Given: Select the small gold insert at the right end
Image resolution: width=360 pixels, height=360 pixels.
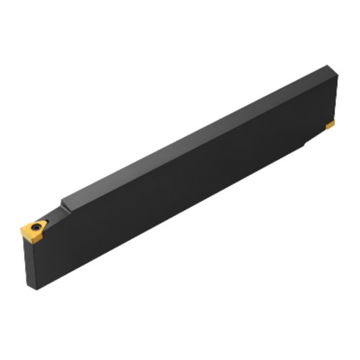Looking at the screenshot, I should point(331,124).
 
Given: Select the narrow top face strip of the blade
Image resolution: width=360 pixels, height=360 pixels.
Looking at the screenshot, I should point(196,131).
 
